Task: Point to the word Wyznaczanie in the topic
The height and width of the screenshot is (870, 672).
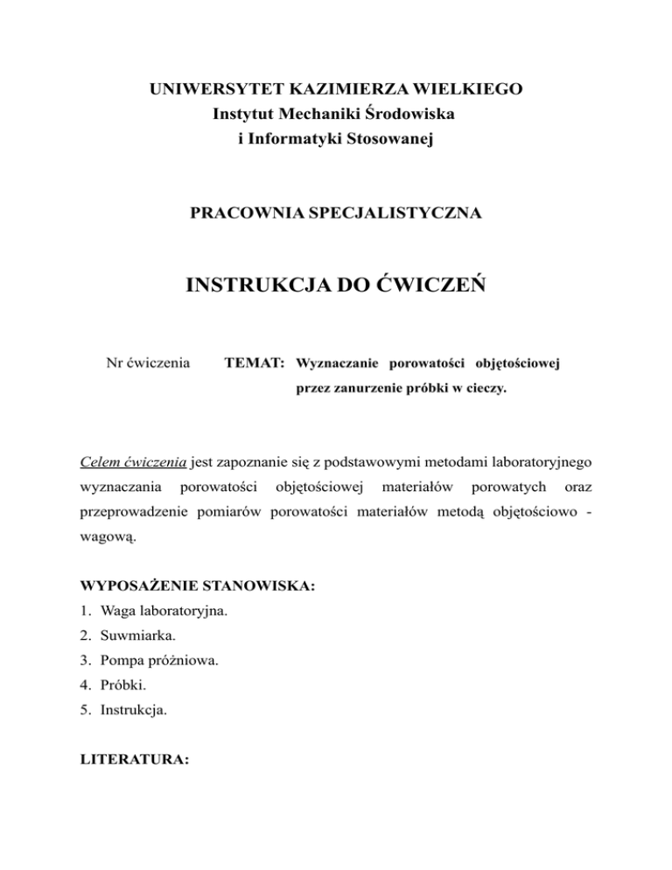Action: [335, 361]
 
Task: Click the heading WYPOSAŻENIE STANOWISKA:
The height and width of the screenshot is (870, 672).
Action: [198, 585]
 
